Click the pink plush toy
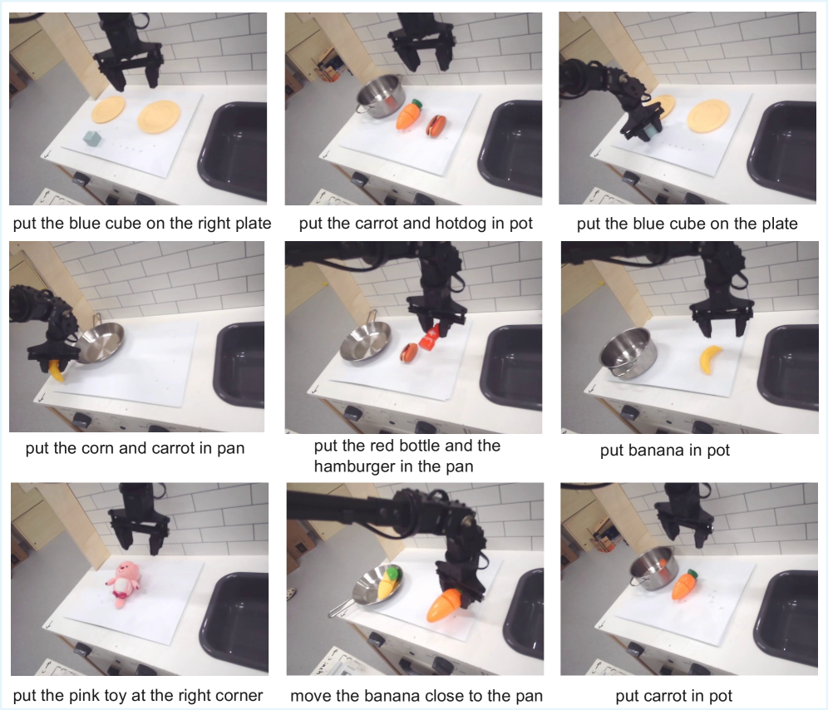pos(124,584)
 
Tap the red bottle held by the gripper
pos(430,338)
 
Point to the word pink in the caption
pos(85,696)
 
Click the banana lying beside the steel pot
pos(711,359)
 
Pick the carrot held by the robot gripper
pos(445,606)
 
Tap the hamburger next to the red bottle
pos(409,353)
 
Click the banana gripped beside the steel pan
pos(55,370)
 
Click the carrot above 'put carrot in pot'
pos(684,584)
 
